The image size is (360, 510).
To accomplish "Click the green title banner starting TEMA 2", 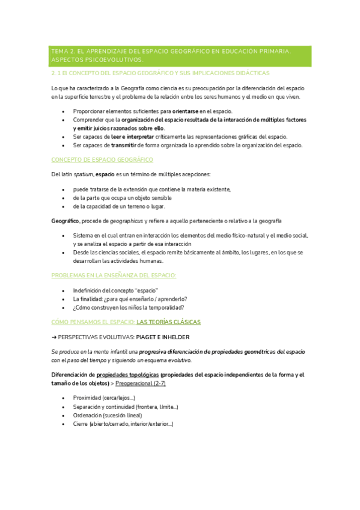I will tap(180, 56).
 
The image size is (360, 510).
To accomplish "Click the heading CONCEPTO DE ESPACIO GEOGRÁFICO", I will tap(102, 159).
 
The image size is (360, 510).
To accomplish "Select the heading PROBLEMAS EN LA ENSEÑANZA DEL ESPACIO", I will tap(114, 275).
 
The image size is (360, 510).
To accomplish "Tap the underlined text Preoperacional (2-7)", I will tap(141, 382).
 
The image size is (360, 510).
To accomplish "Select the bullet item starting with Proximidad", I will tap(104, 398).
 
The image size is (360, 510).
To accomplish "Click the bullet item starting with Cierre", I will tap(123, 424).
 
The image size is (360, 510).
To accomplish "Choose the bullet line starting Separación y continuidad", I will tap(125, 407).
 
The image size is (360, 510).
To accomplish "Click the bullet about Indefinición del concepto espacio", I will tap(115, 290).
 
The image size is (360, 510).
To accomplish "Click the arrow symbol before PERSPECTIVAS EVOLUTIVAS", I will tap(54, 337).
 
